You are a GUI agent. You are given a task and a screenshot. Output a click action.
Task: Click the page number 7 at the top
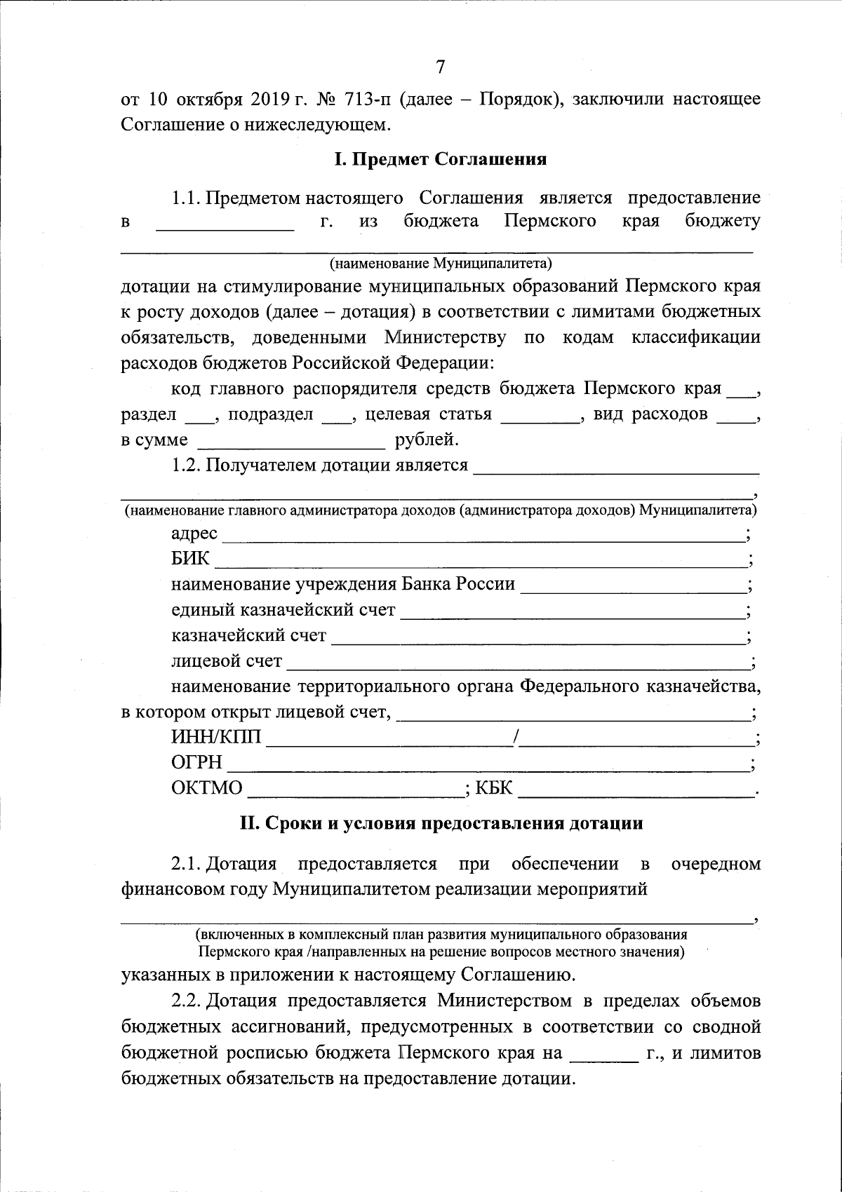click(x=441, y=67)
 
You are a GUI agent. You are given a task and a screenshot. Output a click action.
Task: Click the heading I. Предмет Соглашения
click(x=441, y=160)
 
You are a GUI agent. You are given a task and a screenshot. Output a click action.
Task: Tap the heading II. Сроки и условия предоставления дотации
click(x=441, y=823)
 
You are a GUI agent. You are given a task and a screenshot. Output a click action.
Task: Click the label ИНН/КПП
click(x=215, y=738)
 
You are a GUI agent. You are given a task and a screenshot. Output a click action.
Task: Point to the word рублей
click(x=427, y=440)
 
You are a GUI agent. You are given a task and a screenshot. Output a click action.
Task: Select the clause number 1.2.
click(x=187, y=465)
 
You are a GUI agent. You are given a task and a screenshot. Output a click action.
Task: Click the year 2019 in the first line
click(x=266, y=100)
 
